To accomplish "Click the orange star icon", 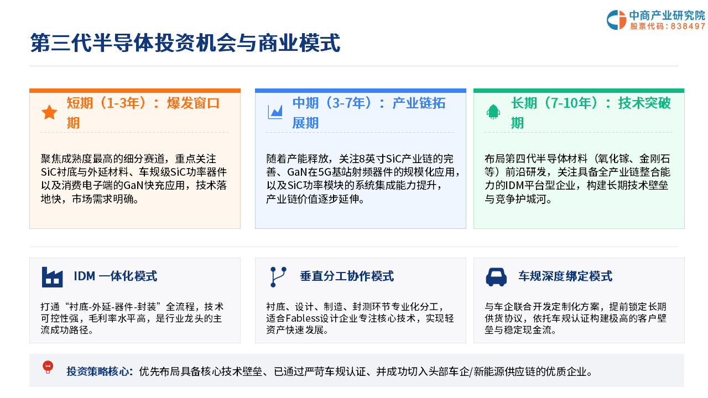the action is click(x=49, y=112).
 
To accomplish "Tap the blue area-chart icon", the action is click(x=275, y=112).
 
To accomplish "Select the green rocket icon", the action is click(x=493, y=112).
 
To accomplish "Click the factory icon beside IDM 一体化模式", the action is click(x=52, y=277).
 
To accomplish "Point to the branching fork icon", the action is click(x=278, y=277).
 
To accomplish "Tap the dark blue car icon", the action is click(x=496, y=277).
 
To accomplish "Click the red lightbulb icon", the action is click(x=48, y=367).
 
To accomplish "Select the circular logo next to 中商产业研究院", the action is click(x=616, y=20).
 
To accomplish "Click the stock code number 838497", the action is click(x=688, y=26).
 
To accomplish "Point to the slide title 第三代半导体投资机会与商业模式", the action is click(x=185, y=43).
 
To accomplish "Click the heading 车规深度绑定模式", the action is click(x=565, y=276).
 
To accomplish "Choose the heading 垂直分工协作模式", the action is click(x=347, y=276).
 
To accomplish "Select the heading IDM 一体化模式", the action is click(x=116, y=276).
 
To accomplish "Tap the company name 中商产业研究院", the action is click(x=667, y=15).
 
